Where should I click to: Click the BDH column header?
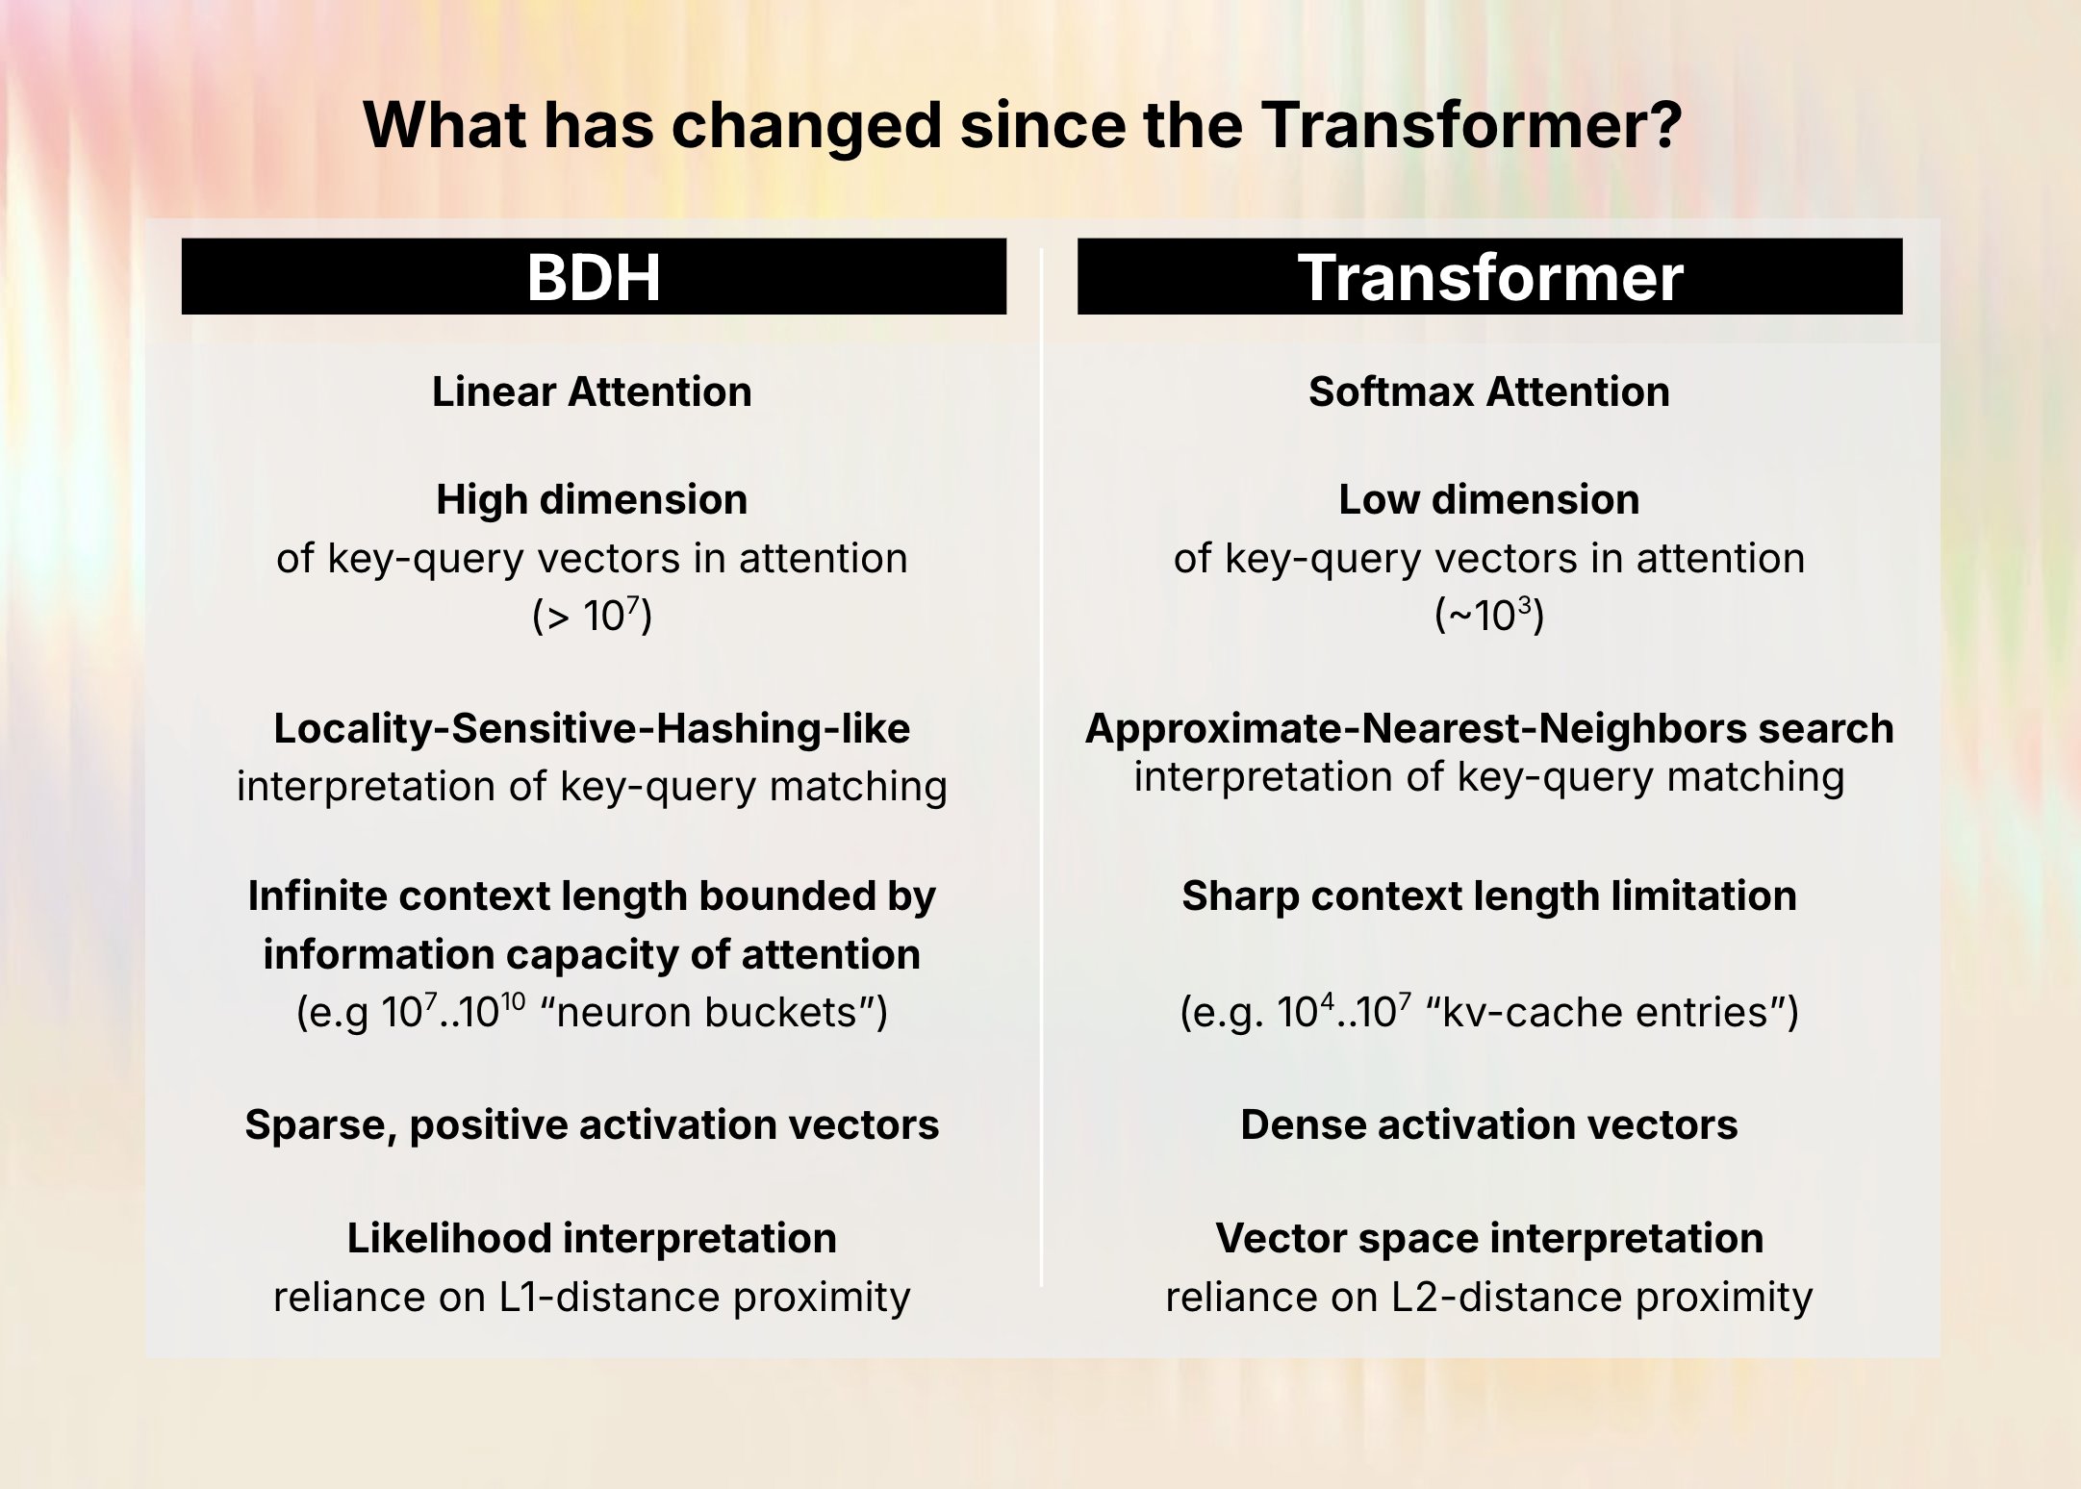point(594,277)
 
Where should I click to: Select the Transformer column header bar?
point(1489,277)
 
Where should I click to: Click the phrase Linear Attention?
point(592,391)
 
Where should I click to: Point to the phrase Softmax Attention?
point(1488,391)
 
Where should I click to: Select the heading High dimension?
point(592,499)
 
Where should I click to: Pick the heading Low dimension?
point(1488,499)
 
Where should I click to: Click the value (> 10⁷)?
point(592,616)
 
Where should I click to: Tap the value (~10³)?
point(1488,616)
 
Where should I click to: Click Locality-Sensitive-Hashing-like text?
point(592,728)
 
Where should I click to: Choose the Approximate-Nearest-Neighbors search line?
point(1488,728)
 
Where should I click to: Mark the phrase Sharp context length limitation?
point(1488,896)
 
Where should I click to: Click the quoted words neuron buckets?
point(707,1012)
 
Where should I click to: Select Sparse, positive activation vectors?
point(592,1124)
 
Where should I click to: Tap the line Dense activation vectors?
point(1488,1124)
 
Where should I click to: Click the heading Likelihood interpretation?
point(592,1238)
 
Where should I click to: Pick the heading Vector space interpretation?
point(1488,1238)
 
